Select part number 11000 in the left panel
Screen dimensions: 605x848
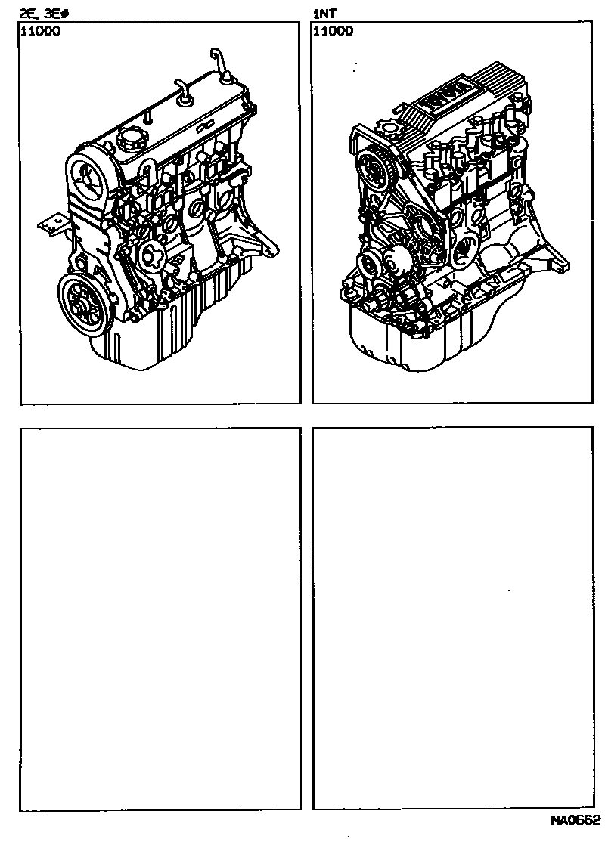pyautogui.click(x=41, y=31)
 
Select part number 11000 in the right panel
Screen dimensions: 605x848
pyautogui.click(x=334, y=31)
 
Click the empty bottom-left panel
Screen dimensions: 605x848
pyautogui.click(x=160, y=619)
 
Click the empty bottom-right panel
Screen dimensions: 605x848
pyautogui.click(x=453, y=619)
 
